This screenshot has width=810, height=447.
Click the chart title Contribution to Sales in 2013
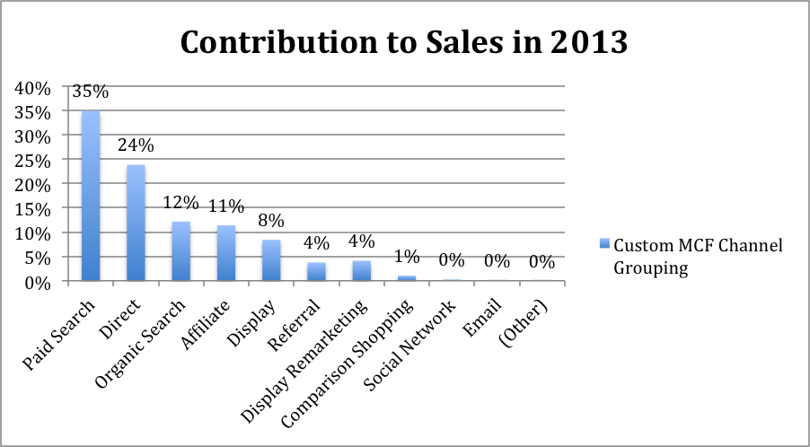pyautogui.click(x=404, y=41)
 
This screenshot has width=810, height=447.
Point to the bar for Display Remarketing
pyautogui.click(x=361, y=270)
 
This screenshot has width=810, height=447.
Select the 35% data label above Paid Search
pyautogui.click(x=90, y=92)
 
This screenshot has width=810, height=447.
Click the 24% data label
pyautogui.click(x=136, y=145)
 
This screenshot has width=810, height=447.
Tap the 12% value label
pyautogui.click(x=180, y=203)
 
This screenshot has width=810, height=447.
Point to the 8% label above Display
pyautogui.click(x=270, y=221)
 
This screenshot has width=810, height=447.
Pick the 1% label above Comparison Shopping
pyautogui.click(x=406, y=257)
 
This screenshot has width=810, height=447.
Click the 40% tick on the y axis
pyautogui.click(x=32, y=88)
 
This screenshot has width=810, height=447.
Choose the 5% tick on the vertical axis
pyautogui.click(x=36, y=258)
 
